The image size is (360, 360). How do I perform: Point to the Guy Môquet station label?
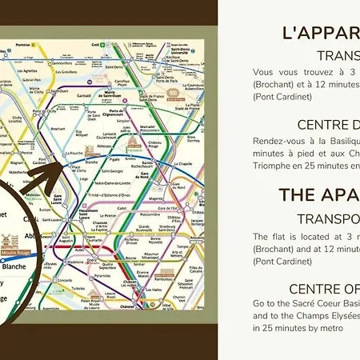81,133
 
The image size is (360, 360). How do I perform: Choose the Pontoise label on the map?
22,46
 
